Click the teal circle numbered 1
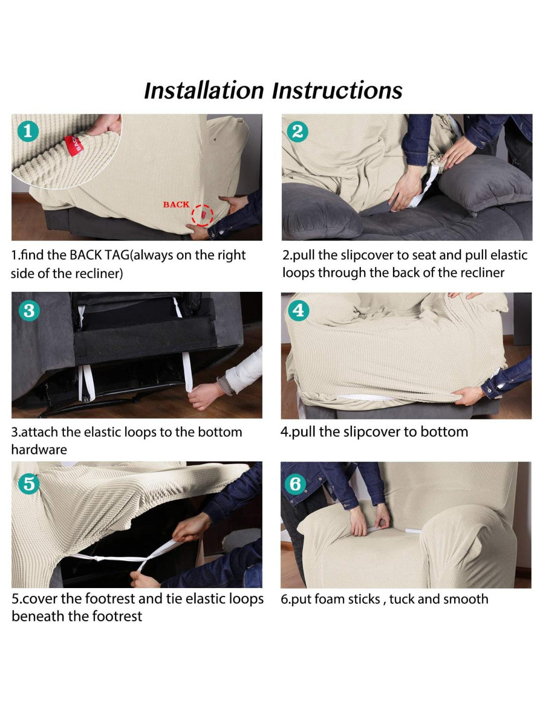(28, 132)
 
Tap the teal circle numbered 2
(297, 132)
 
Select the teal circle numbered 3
(29, 311)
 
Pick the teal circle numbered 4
(298, 311)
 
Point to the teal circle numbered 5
(29, 484)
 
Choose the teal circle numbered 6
(295, 484)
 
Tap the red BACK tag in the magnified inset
(74, 145)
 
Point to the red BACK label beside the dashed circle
(176, 205)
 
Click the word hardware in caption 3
(39, 450)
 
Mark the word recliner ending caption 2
(482, 273)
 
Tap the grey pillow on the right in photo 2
(485, 182)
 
